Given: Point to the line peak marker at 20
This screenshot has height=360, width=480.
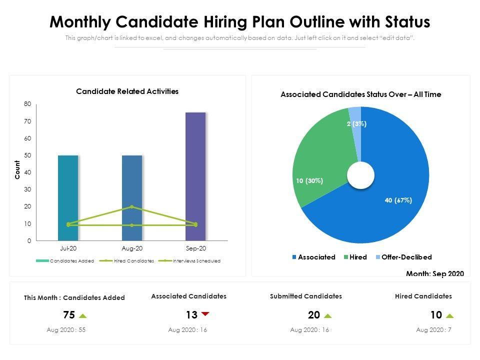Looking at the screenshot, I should tap(132, 206).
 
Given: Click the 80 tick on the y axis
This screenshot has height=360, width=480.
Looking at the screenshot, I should tap(27, 104).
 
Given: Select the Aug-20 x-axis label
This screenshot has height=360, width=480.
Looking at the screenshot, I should tap(132, 248).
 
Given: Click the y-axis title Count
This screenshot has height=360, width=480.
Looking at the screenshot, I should tap(17, 170).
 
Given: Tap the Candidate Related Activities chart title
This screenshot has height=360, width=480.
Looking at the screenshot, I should tap(127, 91).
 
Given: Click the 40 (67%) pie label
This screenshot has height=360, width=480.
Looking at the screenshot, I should tap(398, 200).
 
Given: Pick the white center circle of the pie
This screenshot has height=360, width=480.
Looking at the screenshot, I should tap(360, 175).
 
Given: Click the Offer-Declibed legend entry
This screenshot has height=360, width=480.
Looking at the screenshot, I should tap(406, 257).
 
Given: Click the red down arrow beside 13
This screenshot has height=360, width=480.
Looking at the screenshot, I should tap(205, 314).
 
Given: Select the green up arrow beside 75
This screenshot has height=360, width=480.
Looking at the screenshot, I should tap(83, 315).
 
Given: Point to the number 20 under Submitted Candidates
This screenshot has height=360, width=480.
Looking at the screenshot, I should tap(314, 315).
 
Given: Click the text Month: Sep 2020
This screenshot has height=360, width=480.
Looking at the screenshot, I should tap(434, 273).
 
